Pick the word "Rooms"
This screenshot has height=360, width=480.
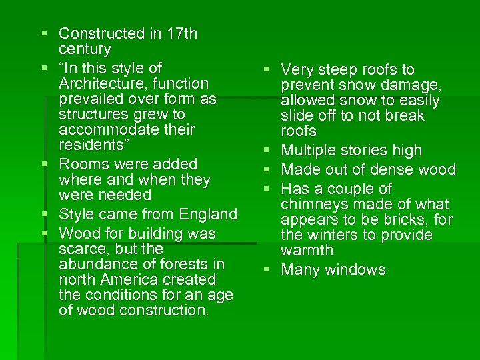pos(81,164)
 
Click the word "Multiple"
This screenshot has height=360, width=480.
pos(309,151)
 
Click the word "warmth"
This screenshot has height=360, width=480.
pos(307,251)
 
